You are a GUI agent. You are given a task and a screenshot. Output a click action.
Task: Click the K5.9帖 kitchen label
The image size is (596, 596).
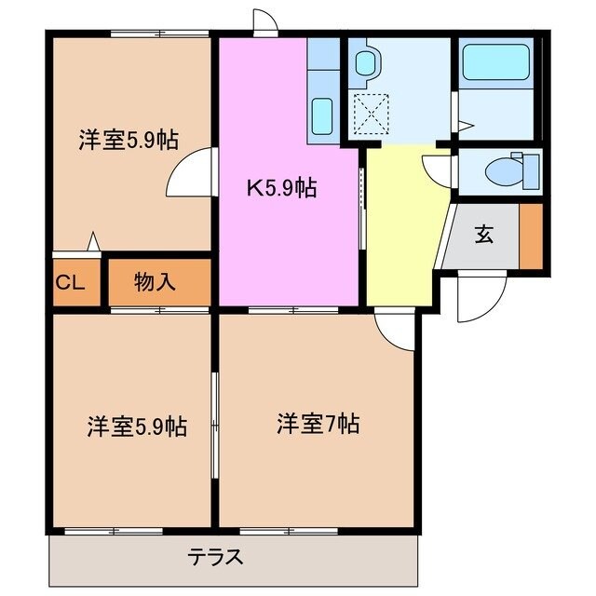(x=281, y=189)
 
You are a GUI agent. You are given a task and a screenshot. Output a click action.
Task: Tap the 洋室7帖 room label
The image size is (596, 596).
(x=318, y=424)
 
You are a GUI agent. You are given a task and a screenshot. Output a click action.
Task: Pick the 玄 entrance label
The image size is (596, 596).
(x=484, y=235)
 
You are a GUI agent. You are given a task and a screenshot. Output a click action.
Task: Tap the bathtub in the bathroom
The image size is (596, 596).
(x=496, y=63)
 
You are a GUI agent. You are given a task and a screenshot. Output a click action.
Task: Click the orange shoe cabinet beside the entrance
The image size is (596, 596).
(x=530, y=235)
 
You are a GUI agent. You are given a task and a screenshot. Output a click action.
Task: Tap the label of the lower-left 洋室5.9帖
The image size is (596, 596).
(x=138, y=427)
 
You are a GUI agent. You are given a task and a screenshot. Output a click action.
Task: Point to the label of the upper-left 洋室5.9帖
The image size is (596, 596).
(x=129, y=141)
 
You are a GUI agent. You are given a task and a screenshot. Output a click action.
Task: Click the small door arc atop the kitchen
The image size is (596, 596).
(x=264, y=23)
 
